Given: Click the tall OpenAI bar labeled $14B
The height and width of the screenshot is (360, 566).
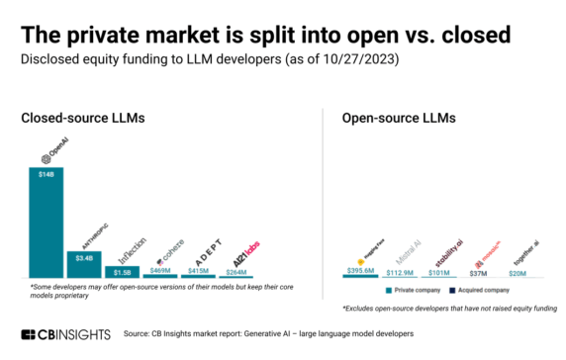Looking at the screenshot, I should pyautogui.click(x=47, y=223).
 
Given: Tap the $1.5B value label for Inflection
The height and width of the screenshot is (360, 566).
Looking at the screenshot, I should pyautogui.click(x=122, y=271).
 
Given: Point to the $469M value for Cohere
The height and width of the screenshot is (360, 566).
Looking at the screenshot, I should pyautogui.click(x=159, y=271).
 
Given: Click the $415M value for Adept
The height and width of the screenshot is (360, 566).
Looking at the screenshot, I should pyautogui.click(x=198, y=271).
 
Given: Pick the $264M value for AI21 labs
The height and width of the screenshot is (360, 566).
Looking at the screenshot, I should pyautogui.click(x=236, y=271).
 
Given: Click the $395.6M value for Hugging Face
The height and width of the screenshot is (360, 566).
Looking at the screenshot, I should pyautogui.click(x=361, y=272).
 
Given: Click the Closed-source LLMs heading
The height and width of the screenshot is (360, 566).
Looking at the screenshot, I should pyautogui.click(x=83, y=119).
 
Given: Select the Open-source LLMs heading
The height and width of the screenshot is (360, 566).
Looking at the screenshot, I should pyautogui.click(x=399, y=119).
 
